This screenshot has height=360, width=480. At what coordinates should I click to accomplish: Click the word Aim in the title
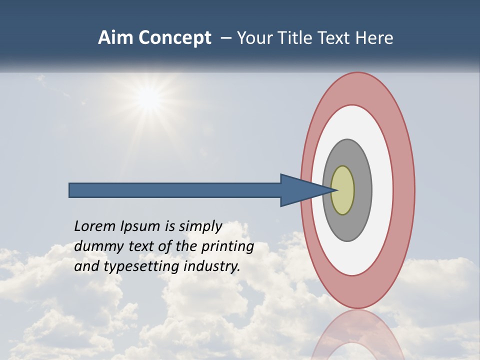tap(115, 38)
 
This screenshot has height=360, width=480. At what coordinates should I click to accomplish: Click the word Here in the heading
tap(374, 38)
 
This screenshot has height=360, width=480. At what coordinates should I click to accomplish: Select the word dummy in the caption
tap(95, 246)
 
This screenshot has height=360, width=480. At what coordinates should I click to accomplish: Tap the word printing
tap(227, 246)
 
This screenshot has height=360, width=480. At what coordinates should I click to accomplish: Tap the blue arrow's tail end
tap(72, 190)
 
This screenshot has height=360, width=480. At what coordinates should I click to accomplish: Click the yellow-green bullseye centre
tap(343, 190)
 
